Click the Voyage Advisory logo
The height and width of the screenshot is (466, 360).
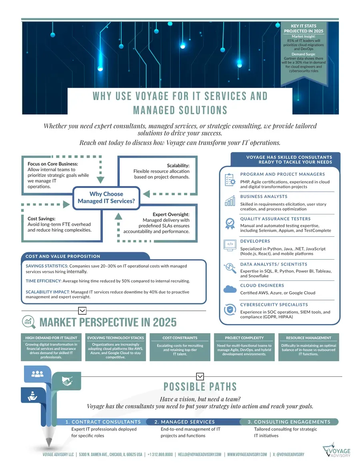[x=336, y=450]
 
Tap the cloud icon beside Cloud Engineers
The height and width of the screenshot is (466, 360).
[x=230, y=289]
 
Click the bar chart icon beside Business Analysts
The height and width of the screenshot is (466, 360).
[x=230, y=201]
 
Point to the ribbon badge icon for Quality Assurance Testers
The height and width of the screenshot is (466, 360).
[x=230, y=224]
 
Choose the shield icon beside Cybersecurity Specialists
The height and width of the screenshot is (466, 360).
[x=230, y=310]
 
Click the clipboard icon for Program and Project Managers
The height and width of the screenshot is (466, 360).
[x=230, y=180]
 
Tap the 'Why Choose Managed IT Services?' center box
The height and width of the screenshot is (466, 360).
[x=106, y=198]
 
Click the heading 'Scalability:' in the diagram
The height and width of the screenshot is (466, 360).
[x=178, y=166]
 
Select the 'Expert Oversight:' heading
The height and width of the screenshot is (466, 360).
[x=171, y=214]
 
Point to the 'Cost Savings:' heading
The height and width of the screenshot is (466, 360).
[x=41, y=218]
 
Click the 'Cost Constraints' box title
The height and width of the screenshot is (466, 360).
[x=180, y=338]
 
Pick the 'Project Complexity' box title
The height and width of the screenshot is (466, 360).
[x=244, y=338]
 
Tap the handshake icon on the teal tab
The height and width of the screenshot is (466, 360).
[x=67, y=381]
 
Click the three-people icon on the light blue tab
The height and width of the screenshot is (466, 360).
[x=37, y=374]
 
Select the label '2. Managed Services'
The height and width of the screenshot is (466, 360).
[x=184, y=422]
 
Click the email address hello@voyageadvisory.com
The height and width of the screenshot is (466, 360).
[x=200, y=454]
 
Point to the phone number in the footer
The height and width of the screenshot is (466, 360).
[x=160, y=454]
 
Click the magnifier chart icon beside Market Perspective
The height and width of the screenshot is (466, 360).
[x=29, y=322]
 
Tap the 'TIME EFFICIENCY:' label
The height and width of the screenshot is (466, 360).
[x=44, y=281]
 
